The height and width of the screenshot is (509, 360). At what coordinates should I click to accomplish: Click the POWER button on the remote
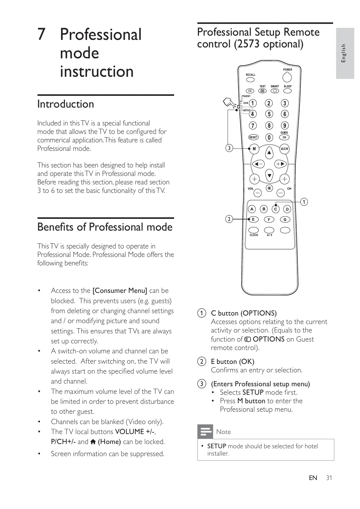point(287,77)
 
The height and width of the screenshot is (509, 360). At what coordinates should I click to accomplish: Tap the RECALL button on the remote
point(250,80)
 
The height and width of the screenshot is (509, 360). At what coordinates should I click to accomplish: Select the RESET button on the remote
point(253,137)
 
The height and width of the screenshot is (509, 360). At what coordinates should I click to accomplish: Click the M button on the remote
point(254,149)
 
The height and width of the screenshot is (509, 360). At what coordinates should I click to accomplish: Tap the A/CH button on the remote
point(284,149)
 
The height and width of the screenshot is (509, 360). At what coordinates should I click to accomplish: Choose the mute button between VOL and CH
point(269,188)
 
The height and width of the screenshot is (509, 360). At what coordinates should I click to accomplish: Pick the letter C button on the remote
point(275,209)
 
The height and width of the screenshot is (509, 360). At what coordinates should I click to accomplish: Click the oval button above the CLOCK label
point(254,230)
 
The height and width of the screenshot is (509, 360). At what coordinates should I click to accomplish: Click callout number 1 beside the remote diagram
point(304,202)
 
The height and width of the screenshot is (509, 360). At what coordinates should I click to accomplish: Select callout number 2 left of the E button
point(229,219)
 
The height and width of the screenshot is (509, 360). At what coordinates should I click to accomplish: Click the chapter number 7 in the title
point(42,34)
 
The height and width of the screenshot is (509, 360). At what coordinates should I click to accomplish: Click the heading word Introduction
point(66,104)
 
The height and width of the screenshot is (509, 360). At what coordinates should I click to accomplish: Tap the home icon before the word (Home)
point(93,442)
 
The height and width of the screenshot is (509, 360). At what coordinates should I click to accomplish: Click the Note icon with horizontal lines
point(205,432)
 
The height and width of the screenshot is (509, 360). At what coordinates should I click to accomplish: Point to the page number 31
point(329,478)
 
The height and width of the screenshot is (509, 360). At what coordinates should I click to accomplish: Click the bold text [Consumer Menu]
point(120,291)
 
